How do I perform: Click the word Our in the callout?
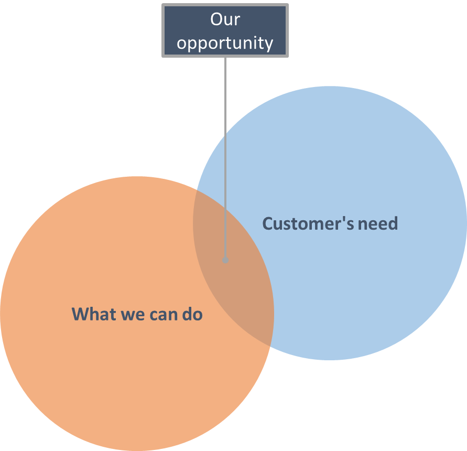[225, 19]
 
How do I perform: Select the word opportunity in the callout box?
[225, 43]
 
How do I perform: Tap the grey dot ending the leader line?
[225, 260]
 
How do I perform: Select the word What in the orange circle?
[94, 314]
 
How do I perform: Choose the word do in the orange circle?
[192, 314]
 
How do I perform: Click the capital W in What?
[79, 314]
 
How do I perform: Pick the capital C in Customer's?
[267, 224]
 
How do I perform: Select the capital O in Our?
[216, 19]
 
